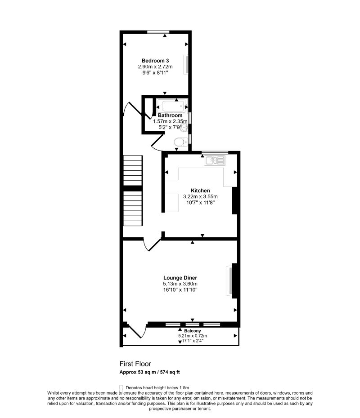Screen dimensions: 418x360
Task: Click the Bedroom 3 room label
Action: click(x=155, y=61)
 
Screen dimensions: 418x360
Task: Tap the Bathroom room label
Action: click(x=170, y=116)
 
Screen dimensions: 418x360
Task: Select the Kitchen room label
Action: click(x=200, y=191)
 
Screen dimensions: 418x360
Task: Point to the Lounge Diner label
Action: click(x=180, y=278)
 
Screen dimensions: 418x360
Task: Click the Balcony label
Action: click(x=192, y=330)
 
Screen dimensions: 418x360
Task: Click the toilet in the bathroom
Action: click(x=180, y=142)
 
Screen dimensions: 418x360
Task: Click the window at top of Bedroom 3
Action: click(x=158, y=31)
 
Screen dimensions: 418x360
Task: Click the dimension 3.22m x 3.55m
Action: click(x=200, y=196)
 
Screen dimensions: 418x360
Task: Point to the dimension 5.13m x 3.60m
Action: click(x=180, y=284)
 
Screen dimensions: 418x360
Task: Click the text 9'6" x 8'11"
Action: click(x=155, y=72)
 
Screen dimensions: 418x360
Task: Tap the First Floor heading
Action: click(x=135, y=364)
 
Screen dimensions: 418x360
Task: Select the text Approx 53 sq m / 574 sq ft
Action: click(x=150, y=372)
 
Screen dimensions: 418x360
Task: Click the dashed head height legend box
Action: click(x=121, y=387)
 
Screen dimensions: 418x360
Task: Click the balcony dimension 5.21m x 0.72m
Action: click(x=193, y=336)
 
